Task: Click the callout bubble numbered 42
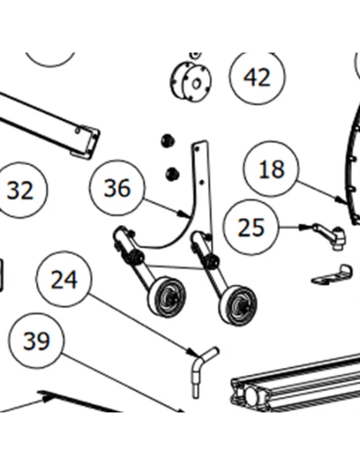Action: click(x=257, y=77)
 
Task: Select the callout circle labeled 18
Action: click(x=271, y=169)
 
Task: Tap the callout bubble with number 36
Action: click(x=117, y=188)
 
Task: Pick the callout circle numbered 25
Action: click(x=251, y=227)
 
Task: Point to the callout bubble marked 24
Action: click(x=64, y=279)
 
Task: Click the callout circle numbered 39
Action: click(x=36, y=341)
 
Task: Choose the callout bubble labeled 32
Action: click(x=20, y=190)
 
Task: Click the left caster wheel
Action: click(x=167, y=297)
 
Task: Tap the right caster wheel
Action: click(x=238, y=306)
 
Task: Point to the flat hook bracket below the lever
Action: click(x=332, y=275)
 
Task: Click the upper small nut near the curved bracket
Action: click(x=168, y=140)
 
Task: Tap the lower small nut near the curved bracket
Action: click(x=173, y=173)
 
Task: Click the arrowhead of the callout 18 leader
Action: click(x=347, y=204)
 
